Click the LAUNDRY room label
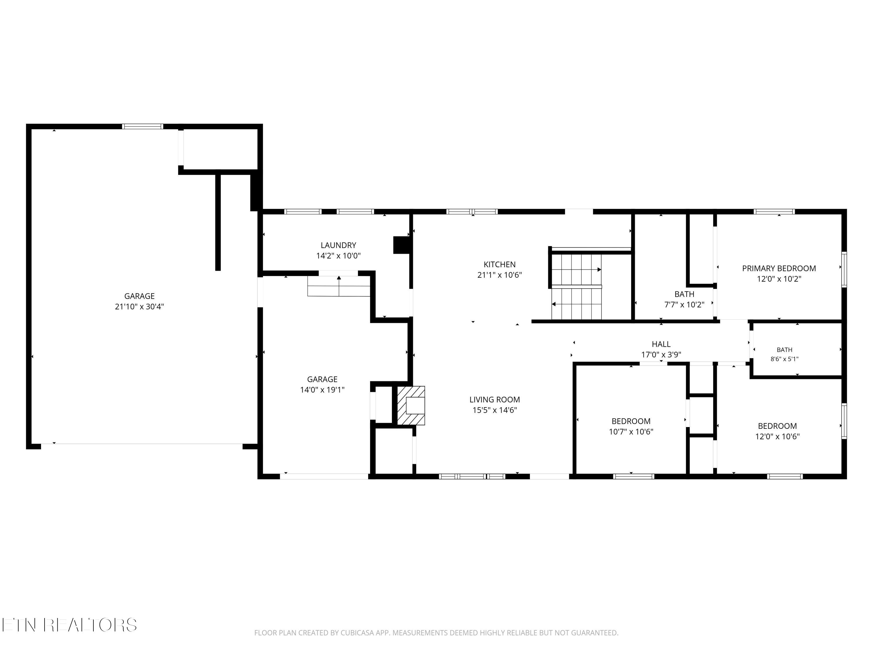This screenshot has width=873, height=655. pos(338,245)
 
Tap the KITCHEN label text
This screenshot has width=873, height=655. pos(500,265)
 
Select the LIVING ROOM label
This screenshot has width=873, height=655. pos(494,400)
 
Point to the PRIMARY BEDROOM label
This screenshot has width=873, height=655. pos(779,268)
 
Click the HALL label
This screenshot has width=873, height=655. pos(661,344)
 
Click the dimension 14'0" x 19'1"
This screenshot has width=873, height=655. pos(322,390)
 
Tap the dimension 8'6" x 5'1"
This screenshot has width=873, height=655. pos(784,359)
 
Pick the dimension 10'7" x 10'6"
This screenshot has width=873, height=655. pos(631,431)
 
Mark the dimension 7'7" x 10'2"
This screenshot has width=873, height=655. pos(684,305)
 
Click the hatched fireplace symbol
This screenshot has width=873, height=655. pos(411,406)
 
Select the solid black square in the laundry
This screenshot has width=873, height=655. pos(401,245)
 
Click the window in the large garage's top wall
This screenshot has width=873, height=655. pos(143,126)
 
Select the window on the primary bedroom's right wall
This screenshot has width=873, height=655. pos(844,270)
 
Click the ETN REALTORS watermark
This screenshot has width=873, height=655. pos(70,625)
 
